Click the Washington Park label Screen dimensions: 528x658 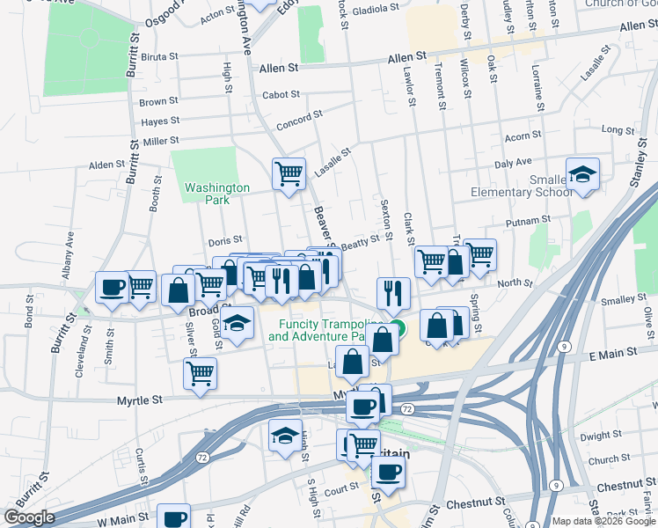pos(217,194)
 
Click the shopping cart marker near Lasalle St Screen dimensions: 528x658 pos(289,174)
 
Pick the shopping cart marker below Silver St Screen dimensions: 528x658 pos(200,373)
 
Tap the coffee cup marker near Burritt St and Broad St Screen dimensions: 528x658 pos(113,287)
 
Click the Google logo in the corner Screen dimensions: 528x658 pos(29,517)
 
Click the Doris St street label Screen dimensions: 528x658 pos(224,242)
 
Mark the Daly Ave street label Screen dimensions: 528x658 pos(513,163)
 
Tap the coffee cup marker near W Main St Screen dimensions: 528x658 pos(174,518)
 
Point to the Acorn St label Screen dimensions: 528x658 pos(523,137)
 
